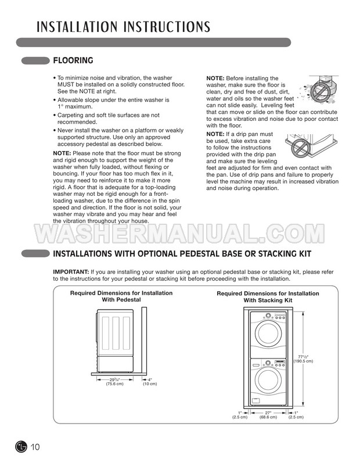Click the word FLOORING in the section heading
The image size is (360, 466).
click(73, 60)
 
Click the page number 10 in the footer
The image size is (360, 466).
click(35, 447)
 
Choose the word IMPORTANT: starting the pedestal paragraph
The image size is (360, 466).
click(71, 272)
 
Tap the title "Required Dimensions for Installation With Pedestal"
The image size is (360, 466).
click(121, 296)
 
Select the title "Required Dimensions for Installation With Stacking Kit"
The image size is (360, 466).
click(268, 297)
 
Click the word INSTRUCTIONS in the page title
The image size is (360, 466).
click(157, 27)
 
